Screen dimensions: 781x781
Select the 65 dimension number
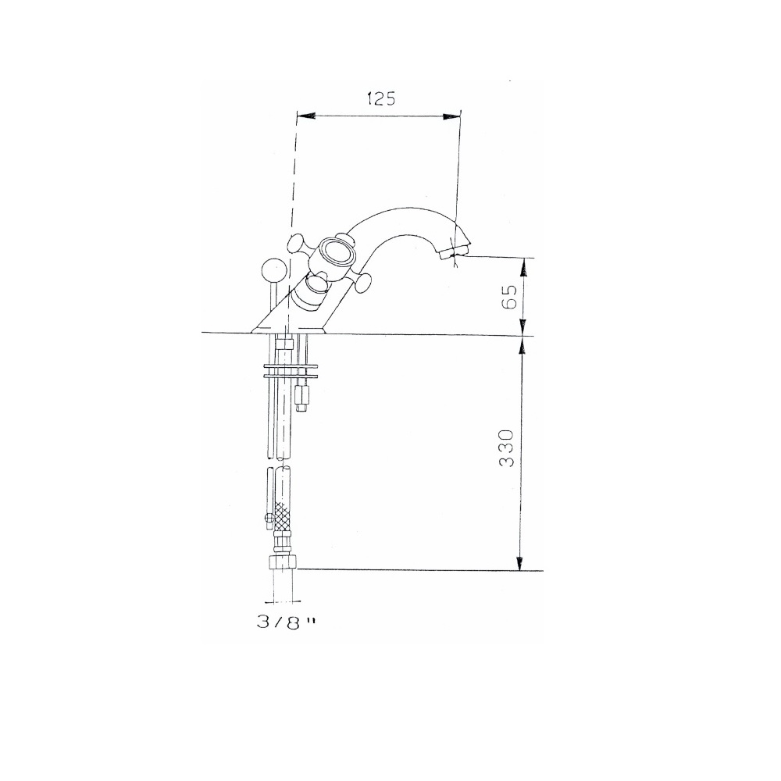508,298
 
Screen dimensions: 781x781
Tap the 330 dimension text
508,448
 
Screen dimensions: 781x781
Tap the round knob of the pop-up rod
271,271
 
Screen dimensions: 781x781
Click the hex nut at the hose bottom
282,562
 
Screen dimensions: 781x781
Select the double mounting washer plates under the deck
291,369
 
